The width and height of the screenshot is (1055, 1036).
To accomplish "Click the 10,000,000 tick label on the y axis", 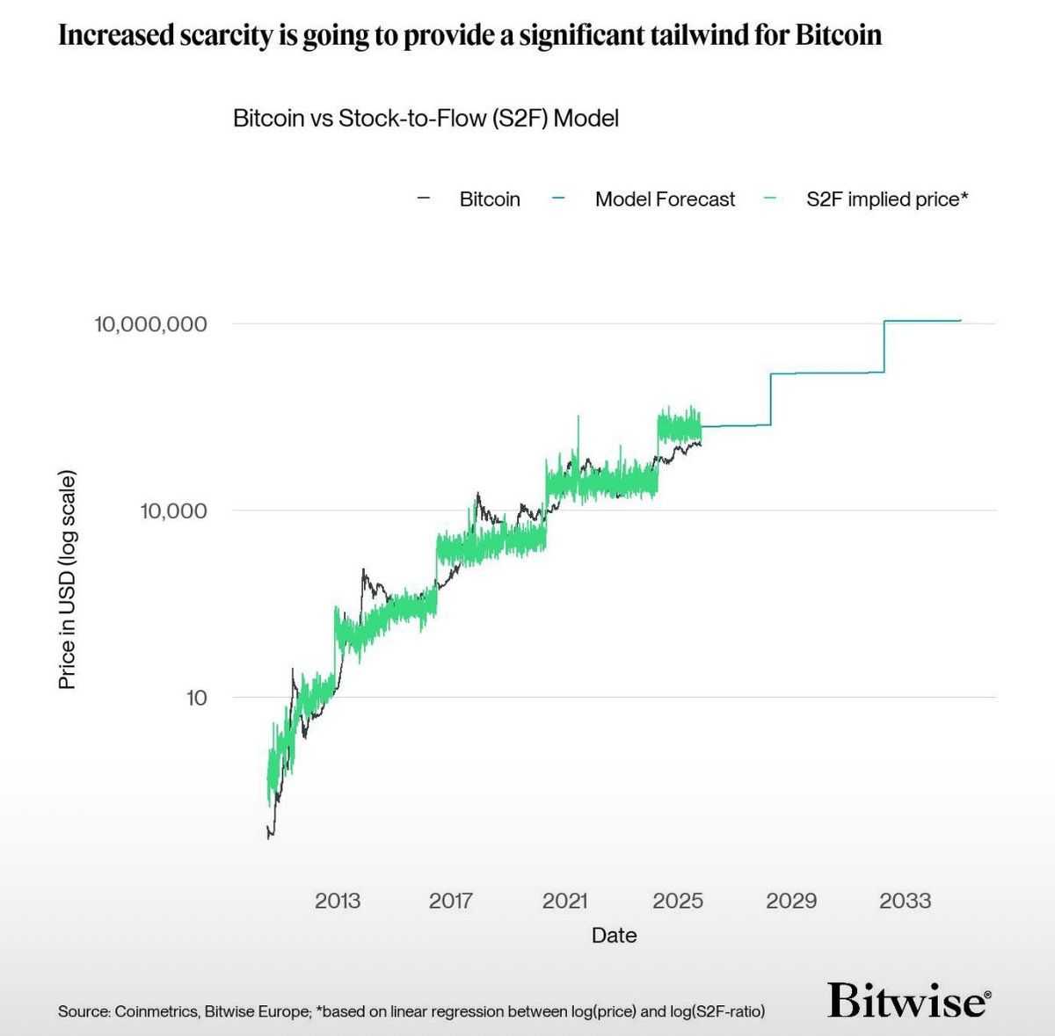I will (x=150, y=324).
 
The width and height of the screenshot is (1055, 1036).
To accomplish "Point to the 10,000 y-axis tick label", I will (x=173, y=511).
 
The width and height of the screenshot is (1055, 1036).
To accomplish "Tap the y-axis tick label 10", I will (x=196, y=698).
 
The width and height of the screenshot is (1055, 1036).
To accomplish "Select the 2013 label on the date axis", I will (x=338, y=901).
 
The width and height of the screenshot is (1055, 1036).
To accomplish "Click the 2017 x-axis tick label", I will (x=451, y=901).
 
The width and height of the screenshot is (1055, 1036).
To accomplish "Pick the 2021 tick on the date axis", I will (x=564, y=901).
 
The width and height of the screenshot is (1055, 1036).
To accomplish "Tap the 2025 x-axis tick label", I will (x=678, y=901).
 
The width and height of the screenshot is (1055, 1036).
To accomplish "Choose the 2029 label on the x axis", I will (x=791, y=901).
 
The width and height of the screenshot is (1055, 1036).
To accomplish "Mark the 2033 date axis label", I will (x=905, y=901).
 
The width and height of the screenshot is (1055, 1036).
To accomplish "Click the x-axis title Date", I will (x=614, y=936).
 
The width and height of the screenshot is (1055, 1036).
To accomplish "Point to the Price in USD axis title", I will (x=68, y=580).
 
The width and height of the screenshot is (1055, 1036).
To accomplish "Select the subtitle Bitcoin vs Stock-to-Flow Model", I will (x=426, y=119).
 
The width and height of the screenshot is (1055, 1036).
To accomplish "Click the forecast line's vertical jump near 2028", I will (x=771, y=400).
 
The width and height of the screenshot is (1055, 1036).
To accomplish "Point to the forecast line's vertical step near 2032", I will (x=884, y=347).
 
